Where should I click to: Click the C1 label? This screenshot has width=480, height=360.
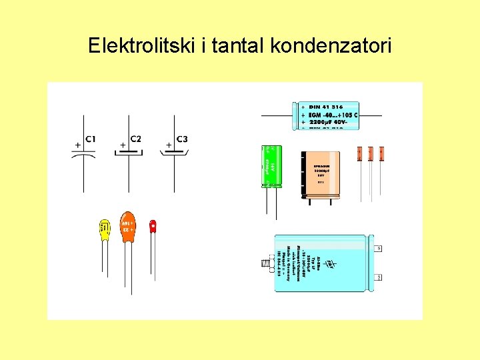tap(91, 139)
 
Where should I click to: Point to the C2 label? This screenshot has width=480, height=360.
tap(135, 139)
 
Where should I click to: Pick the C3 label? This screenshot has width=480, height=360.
tap(182, 139)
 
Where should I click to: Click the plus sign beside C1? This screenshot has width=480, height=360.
tap(77, 144)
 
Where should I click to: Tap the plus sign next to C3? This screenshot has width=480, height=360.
tap(169, 144)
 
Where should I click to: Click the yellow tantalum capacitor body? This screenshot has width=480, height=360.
tap(105, 230)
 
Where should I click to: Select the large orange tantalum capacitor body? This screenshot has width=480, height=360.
tap(127, 229)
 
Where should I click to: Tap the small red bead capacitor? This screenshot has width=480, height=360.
tap(153, 225)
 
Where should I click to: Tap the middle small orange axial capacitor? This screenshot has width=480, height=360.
tap(371, 153)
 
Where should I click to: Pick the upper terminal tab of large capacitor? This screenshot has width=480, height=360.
tap(379, 248)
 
